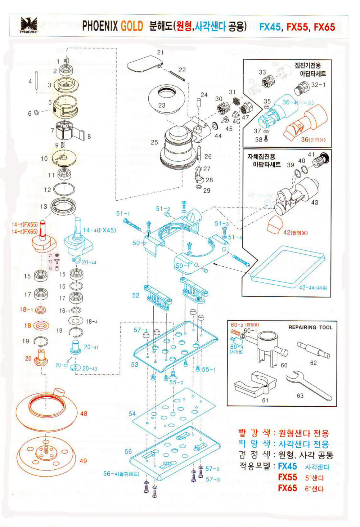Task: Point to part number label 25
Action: point(154,142)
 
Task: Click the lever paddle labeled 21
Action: point(144,64)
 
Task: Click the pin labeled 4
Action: point(36,82)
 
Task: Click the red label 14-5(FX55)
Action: point(24,224)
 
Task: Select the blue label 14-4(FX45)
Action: point(99,230)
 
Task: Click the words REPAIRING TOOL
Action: point(310,327)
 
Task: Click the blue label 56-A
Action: point(121,474)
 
